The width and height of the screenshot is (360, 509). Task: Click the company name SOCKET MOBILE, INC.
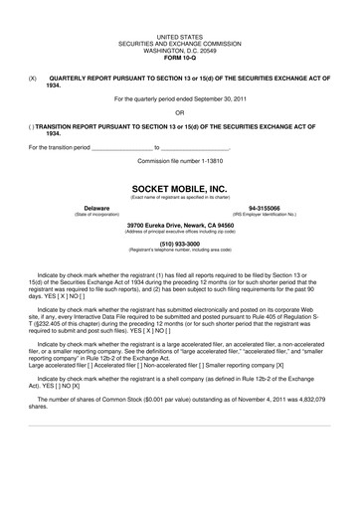179,186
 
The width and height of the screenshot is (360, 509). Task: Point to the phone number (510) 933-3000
179,243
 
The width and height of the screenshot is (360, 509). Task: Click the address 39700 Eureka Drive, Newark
179,226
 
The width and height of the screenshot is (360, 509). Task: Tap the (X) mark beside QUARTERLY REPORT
33,77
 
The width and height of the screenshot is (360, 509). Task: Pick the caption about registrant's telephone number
179,250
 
